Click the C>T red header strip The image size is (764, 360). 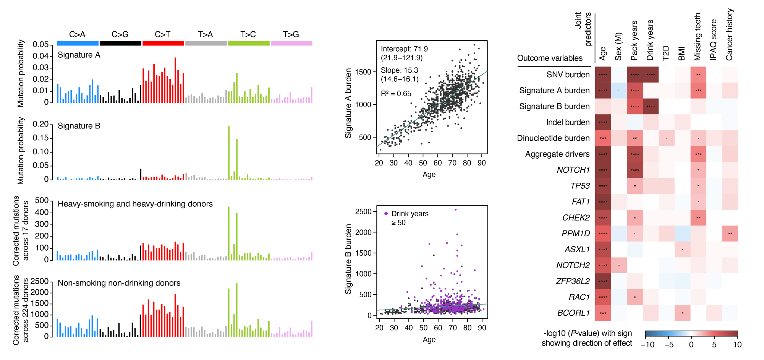click(163, 43)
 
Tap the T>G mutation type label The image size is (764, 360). click(291, 34)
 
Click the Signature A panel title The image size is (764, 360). click(79, 55)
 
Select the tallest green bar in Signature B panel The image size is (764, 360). click(228, 153)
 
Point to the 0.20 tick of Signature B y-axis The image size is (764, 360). click(40, 124)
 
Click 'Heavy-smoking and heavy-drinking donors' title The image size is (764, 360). click(135, 204)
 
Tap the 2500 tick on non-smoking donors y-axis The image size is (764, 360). click(39, 281)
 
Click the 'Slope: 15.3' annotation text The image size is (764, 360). click(399, 70)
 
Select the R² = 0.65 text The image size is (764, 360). click(396, 94)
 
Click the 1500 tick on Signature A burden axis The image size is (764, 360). click(363, 72)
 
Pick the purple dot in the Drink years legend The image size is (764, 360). click(386, 214)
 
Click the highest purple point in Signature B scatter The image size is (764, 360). click(455, 209)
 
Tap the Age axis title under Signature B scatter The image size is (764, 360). click(429, 339)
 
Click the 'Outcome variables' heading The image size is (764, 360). click(550, 58)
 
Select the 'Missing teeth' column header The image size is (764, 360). click(698, 37)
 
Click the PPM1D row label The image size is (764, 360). click(576, 234)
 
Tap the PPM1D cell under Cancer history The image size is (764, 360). click(730, 234)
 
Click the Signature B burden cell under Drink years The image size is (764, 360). click(651, 106)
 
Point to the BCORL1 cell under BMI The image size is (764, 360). click(682, 313)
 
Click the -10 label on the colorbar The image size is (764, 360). click(647, 345)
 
